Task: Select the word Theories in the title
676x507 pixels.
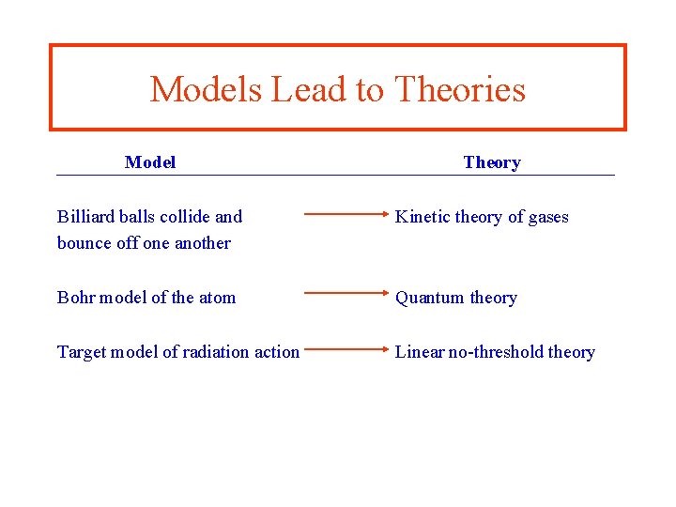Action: point(459,90)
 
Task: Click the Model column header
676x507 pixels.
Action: point(150,162)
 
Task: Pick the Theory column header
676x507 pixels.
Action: point(492,162)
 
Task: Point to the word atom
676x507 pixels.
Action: point(217,298)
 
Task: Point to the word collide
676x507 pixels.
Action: point(185,217)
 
